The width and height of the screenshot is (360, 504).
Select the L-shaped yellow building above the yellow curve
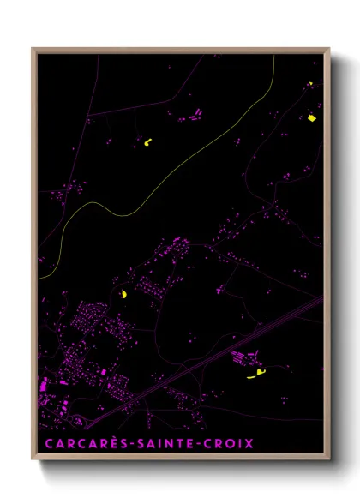147,141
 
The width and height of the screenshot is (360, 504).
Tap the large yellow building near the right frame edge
312,117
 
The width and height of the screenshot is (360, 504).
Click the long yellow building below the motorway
255,374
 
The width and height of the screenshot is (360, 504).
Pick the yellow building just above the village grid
124,294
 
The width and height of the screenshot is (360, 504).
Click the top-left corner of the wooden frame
33,50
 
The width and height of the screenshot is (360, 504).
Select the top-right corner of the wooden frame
328,50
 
